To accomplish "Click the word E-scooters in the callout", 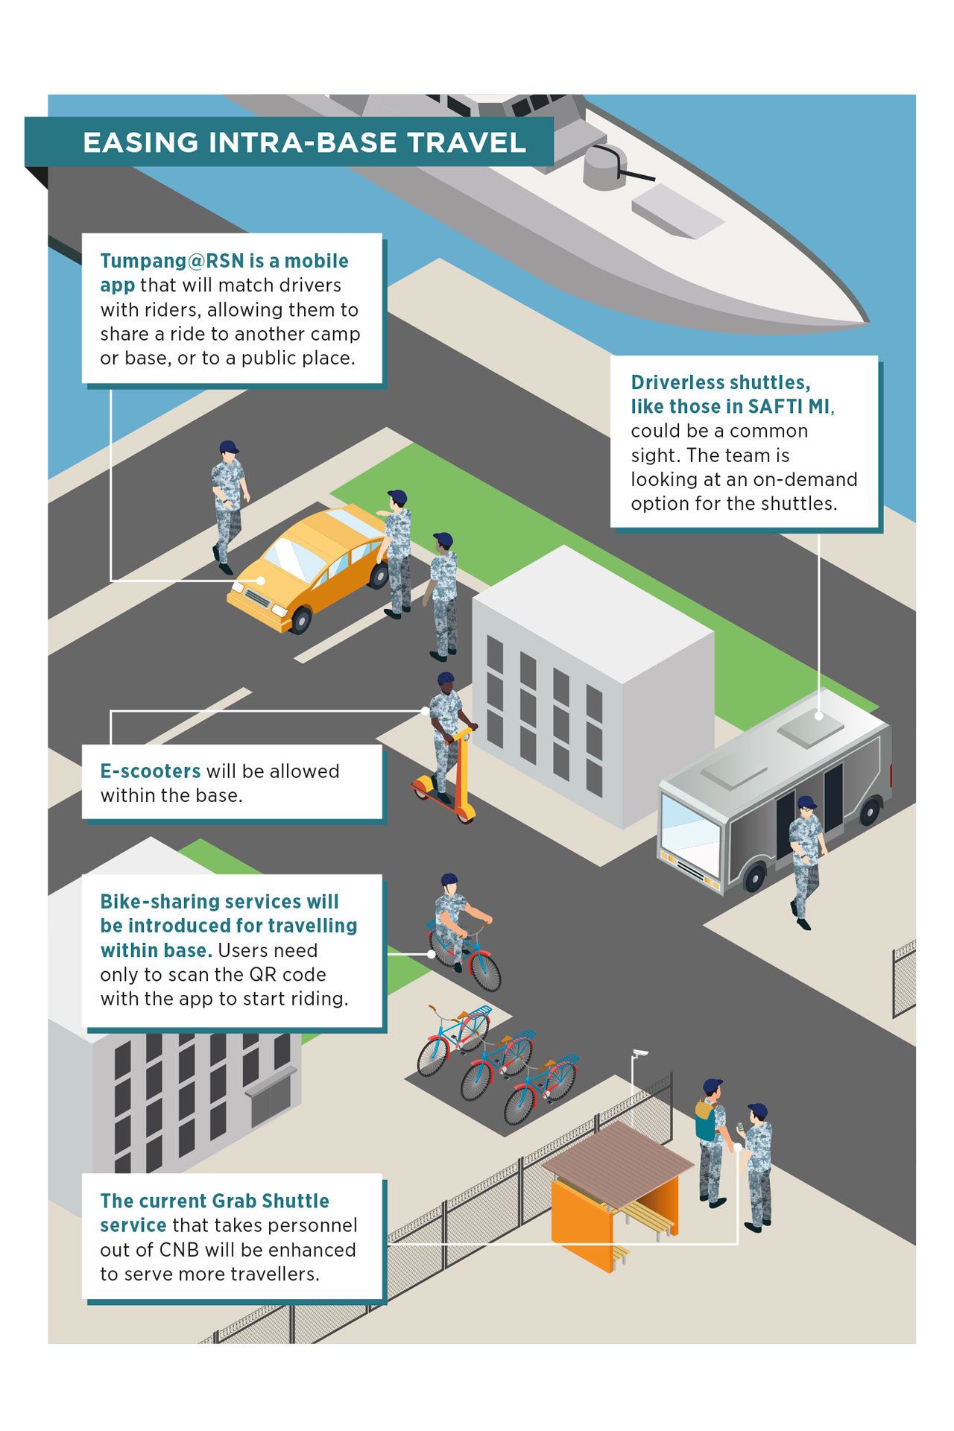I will [150, 771].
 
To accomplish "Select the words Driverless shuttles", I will [720, 382].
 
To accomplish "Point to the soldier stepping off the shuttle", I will [805, 857].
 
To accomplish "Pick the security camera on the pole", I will [639, 1053].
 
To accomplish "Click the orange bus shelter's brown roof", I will [619, 1163].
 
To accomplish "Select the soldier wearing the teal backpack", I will [710, 1140].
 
